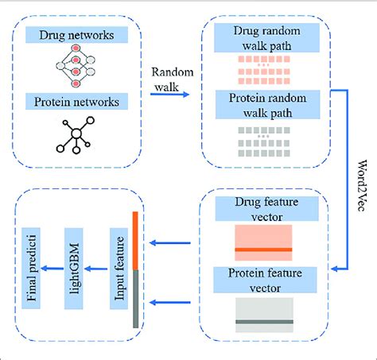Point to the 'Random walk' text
(x=173, y=78)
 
